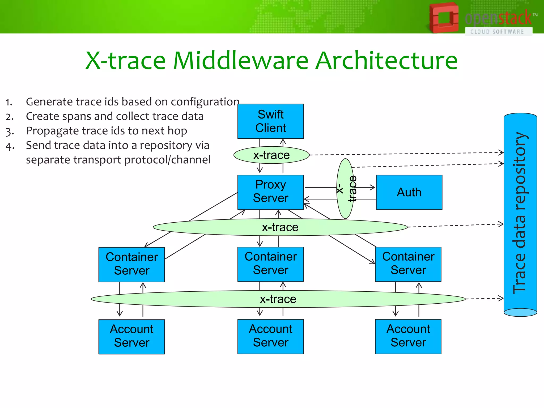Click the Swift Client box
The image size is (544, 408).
(x=270, y=121)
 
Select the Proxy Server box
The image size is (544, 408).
(x=270, y=192)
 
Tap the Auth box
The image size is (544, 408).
(x=409, y=192)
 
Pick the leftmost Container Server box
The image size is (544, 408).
(x=131, y=264)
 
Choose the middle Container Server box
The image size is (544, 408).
(x=270, y=264)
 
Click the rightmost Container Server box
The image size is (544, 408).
(x=408, y=264)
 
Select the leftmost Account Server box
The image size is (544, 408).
(x=131, y=336)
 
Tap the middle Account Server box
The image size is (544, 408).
(x=270, y=336)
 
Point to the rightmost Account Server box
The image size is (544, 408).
(x=408, y=336)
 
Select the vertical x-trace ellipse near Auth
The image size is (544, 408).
(x=345, y=189)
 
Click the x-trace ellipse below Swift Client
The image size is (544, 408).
(x=271, y=155)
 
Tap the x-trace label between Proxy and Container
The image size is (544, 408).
(x=280, y=227)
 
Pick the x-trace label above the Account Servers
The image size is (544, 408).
(x=278, y=299)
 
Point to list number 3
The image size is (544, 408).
(x=10, y=131)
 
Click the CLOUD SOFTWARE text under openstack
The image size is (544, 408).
(x=497, y=32)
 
